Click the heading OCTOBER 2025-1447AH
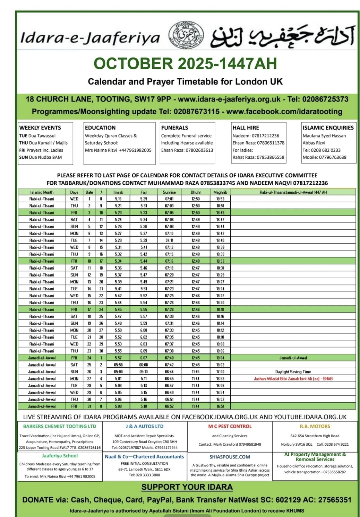pos(185,63)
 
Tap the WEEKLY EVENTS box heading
pos(40,128)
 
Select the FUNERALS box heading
pos(174,128)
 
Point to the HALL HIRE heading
pos(246,128)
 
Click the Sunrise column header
pos(169,192)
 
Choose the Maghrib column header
pos(220,192)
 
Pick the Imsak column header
pos(118,192)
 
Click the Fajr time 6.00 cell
pos(144,330)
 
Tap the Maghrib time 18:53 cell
pos(220,199)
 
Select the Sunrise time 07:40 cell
pos(169,358)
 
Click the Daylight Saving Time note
pos(293,372)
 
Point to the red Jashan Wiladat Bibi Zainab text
pos(293,379)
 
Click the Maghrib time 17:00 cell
pos(220,372)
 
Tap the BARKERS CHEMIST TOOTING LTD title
pos(60,427)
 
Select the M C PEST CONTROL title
pos(230,427)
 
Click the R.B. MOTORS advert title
pos(315,427)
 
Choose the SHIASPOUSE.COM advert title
pos(230,457)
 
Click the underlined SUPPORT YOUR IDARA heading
pos(187,487)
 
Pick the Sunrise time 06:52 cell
pos(169,406)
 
